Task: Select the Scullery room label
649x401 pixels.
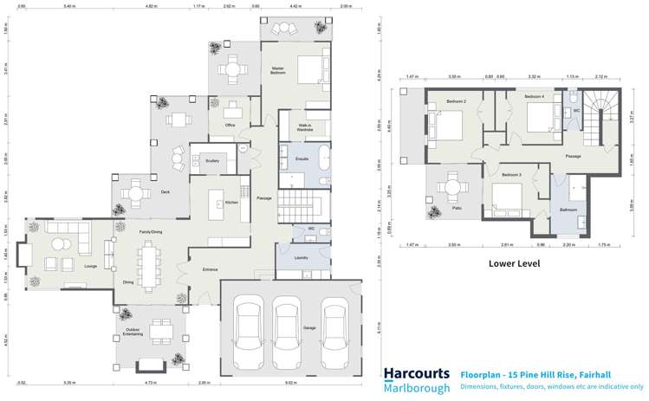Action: pyautogui.click(x=212, y=160)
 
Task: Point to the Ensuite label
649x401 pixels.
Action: pyautogui.click(x=302, y=160)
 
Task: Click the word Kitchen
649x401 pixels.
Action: pyautogui.click(x=232, y=203)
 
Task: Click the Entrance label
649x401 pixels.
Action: pyautogui.click(x=211, y=270)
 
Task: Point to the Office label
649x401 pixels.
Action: pyautogui.click(x=230, y=126)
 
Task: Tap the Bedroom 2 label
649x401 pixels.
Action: pyautogui.click(x=457, y=102)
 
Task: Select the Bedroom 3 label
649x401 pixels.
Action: pyautogui.click(x=512, y=175)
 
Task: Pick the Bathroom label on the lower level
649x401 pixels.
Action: pyautogui.click(x=568, y=210)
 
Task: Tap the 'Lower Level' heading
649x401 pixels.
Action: pyautogui.click(x=514, y=263)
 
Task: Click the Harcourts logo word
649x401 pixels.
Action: pyautogui.click(x=417, y=373)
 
